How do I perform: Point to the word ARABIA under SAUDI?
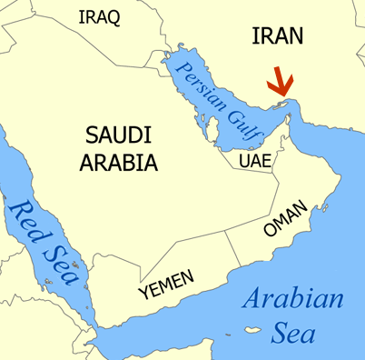[x=119, y=164]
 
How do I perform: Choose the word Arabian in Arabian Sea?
[x=293, y=300]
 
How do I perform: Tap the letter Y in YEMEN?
[x=143, y=294]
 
